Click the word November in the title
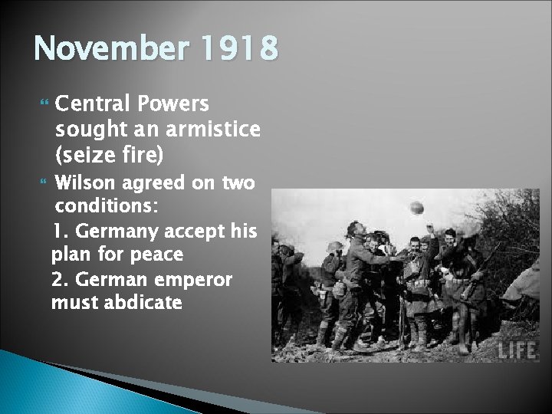pos(105,51)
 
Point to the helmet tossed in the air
pos(419,209)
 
